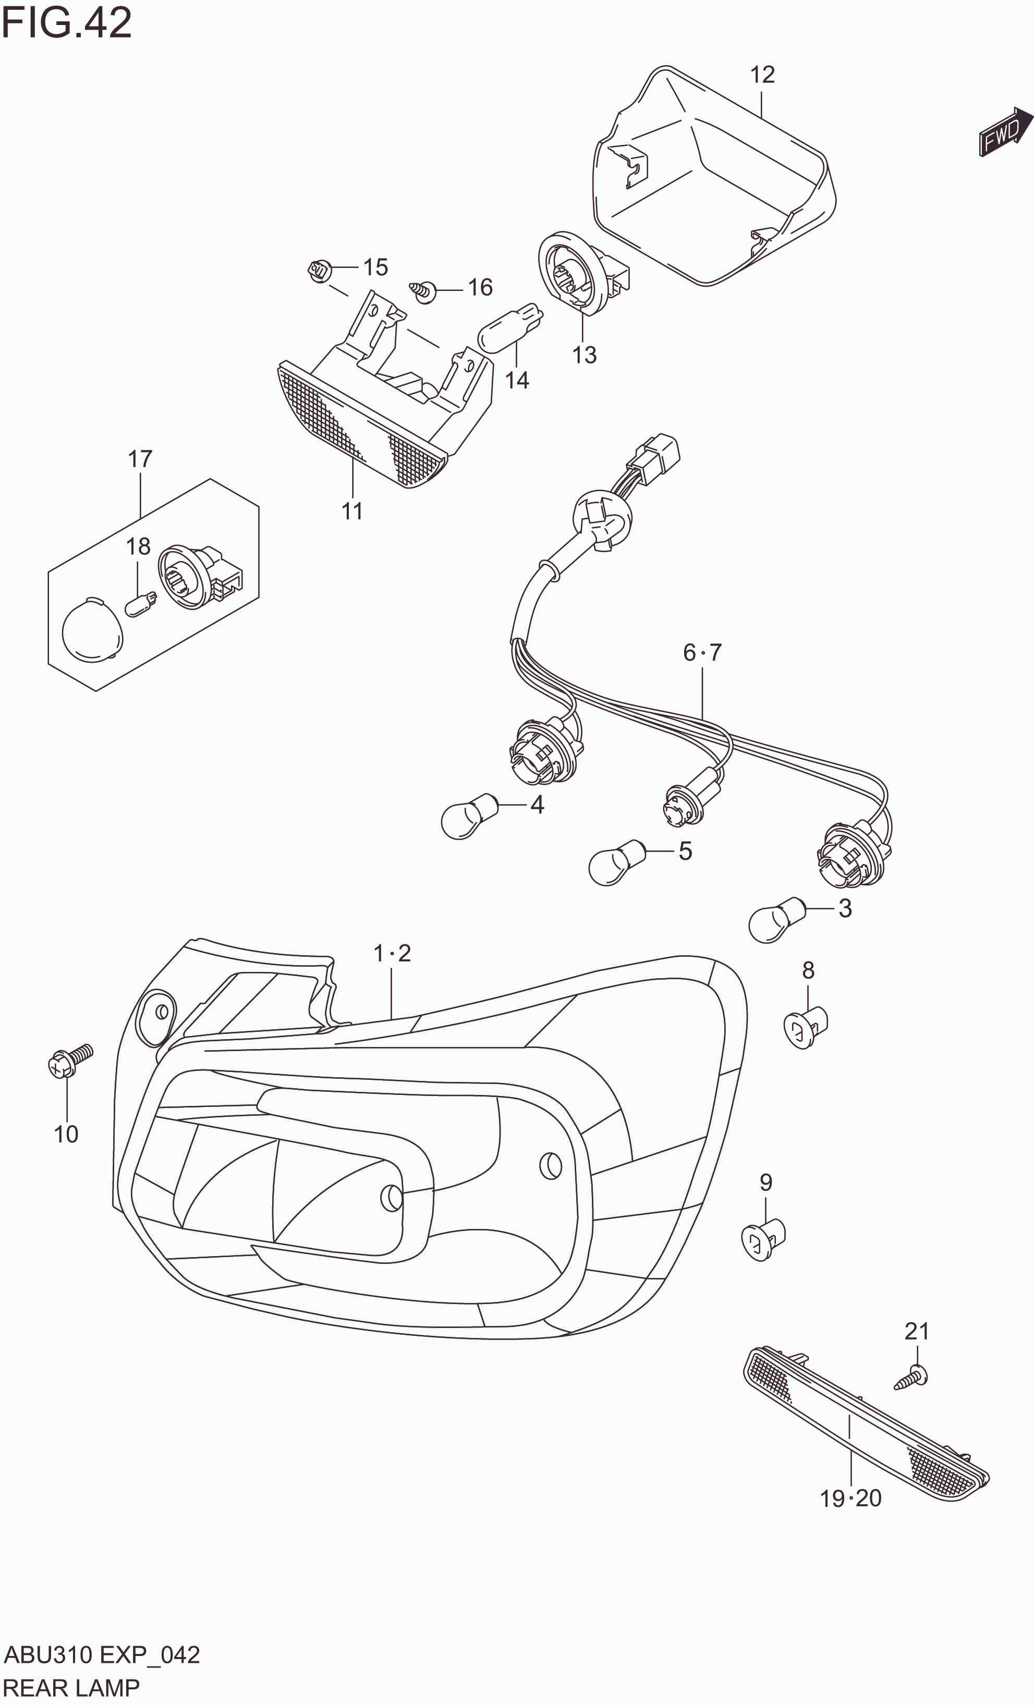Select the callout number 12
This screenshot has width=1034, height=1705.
click(x=762, y=75)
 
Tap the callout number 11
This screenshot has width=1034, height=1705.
click(x=352, y=511)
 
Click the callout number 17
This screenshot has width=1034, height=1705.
click(x=140, y=459)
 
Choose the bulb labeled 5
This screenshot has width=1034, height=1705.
click(x=616, y=862)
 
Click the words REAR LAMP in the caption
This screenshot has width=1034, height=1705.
click(x=71, y=1688)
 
